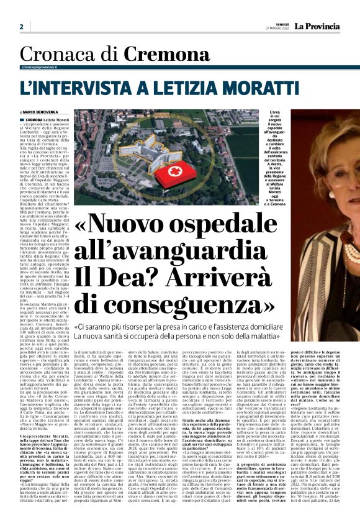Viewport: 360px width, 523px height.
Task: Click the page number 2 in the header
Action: coord(21,27)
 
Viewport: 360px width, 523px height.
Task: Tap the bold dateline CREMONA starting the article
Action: coord(34,119)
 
